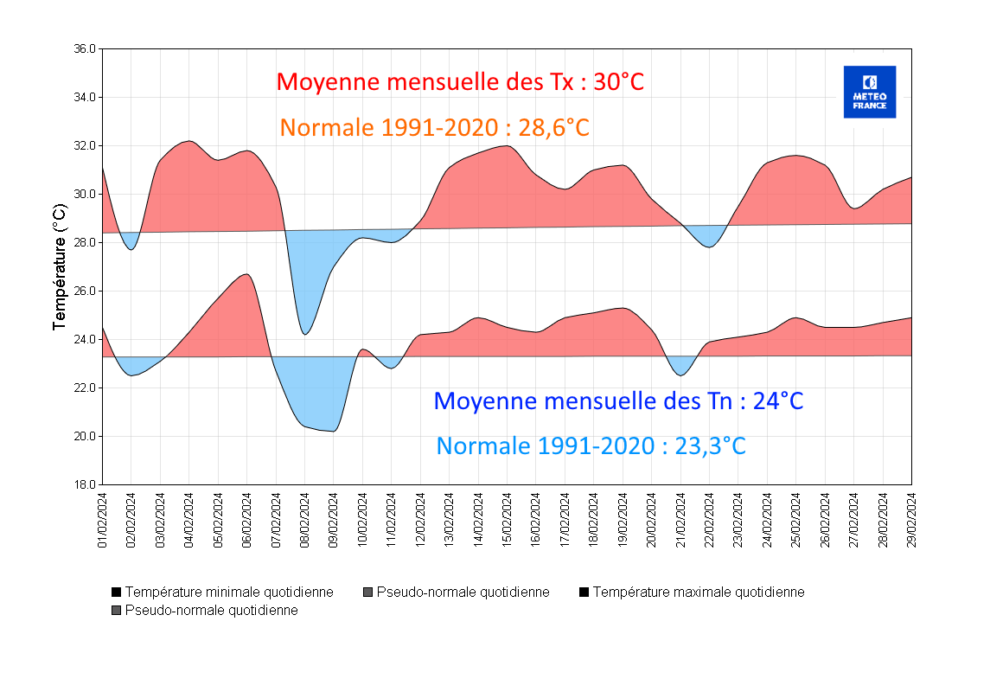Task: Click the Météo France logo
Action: pyautogui.click(x=869, y=92)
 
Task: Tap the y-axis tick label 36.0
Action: pyautogui.click(x=85, y=49)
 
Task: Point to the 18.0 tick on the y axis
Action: pyautogui.click(x=85, y=485)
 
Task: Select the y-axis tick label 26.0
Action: pyautogui.click(x=85, y=291)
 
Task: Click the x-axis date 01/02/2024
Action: pyautogui.click(x=103, y=520)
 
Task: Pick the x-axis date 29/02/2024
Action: pyautogui.click(x=911, y=520)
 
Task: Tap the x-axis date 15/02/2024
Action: pyautogui.click(x=508, y=520)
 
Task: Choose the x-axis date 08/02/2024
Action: pyautogui.click(x=305, y=520)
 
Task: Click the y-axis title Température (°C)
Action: pyautogui.click(x=59, y=266)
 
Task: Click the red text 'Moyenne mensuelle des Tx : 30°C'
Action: pyautogui.click(x=460, y=82)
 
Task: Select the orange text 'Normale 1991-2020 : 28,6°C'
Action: pyautogui.click(x=434, y=128)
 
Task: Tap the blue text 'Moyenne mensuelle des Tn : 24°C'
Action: pyautogui.click(x=618, y=400)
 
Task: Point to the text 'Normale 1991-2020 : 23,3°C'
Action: pyautogui.click(x=591, y=445)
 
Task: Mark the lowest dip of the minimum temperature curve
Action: pyautogui.click(x=334, y=431)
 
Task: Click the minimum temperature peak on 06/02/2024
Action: pyautogui.click(x=247, y=274)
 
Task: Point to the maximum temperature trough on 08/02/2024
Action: pyautogui.click(x=305, y=334)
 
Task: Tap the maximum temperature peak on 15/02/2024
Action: pyautogui.click(x=508, y=146)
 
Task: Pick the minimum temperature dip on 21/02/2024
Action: pyautogui.click(x=680, y=375)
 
